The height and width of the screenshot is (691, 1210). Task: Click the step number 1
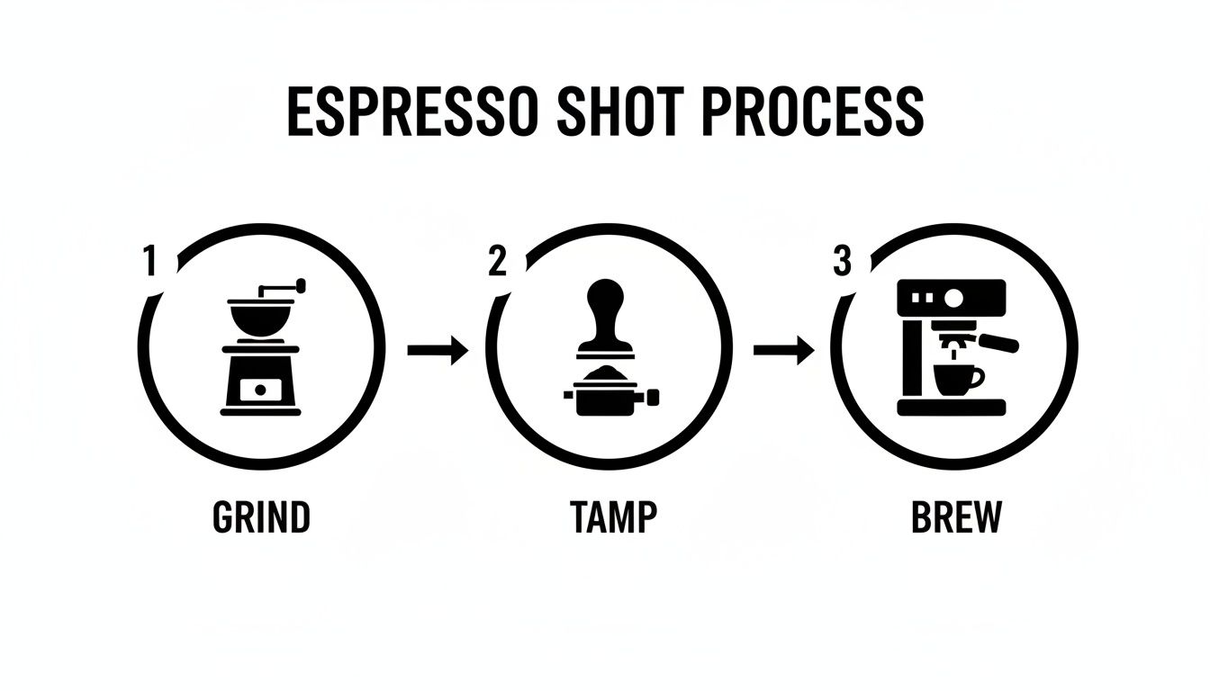click(x=149, y=262)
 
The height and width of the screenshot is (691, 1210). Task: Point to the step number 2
click(x=498, y=261)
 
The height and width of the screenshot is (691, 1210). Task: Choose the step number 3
click(x=842, y=261)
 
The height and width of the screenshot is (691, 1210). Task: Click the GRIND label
click(x=261, y=517)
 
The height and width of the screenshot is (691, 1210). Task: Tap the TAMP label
click(x=613, y=517)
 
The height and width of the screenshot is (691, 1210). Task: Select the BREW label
click(x=956, y=517)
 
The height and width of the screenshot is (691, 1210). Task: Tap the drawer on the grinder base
click(x=260, y=390)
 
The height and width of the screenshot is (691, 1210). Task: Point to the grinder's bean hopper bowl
click(x=260, y=317)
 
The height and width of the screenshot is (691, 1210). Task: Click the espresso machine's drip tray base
click(x=952, y=408)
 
